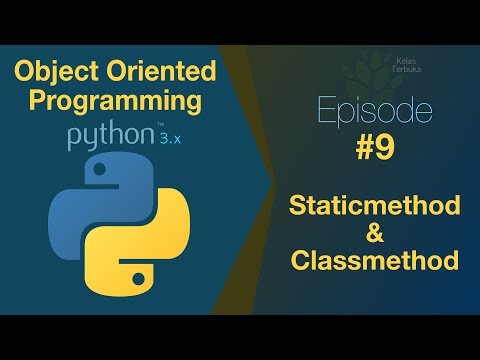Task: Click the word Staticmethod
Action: (376, 206)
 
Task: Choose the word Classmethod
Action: (376, 261)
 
